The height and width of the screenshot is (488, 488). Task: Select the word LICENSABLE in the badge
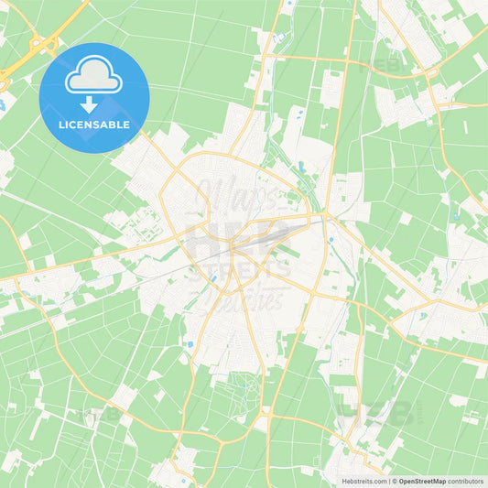[94, 125]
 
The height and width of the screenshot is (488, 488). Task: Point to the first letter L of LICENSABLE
[60, 125]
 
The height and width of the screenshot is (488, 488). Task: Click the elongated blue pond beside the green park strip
[300, 167]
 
